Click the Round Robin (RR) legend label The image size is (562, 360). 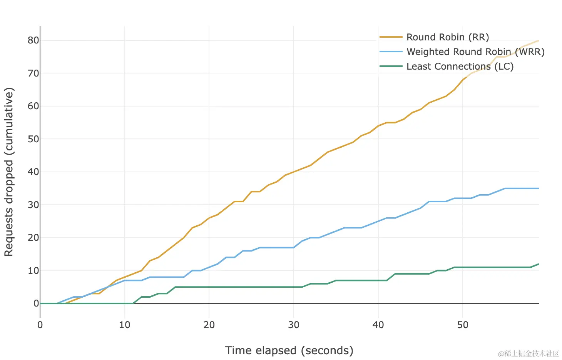click(448, 37)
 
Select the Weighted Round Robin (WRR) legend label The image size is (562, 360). click(475, 52)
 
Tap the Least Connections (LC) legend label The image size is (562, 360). click(460, 67)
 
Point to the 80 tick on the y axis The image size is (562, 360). click(33, 40)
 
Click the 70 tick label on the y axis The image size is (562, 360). click(33, 73)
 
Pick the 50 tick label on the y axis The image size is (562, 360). click(33, 139)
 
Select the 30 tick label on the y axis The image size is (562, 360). click(33, 205)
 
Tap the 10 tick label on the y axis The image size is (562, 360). click(33, 270)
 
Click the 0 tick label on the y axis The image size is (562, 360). click(36, 303)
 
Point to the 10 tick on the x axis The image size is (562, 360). click(125, 325)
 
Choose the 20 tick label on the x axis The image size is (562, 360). click(209, 325)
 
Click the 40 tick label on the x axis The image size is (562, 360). click(378, 325)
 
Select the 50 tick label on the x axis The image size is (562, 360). click(463, 325)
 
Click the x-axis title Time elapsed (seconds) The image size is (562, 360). click(289, 350)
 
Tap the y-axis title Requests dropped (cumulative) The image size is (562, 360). click(9, 172)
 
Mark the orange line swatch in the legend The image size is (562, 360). click(391, 37)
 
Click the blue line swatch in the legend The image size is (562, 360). click(391, 52)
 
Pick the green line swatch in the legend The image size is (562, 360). click(391, 67)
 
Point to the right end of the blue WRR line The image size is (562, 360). click(538, 188)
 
